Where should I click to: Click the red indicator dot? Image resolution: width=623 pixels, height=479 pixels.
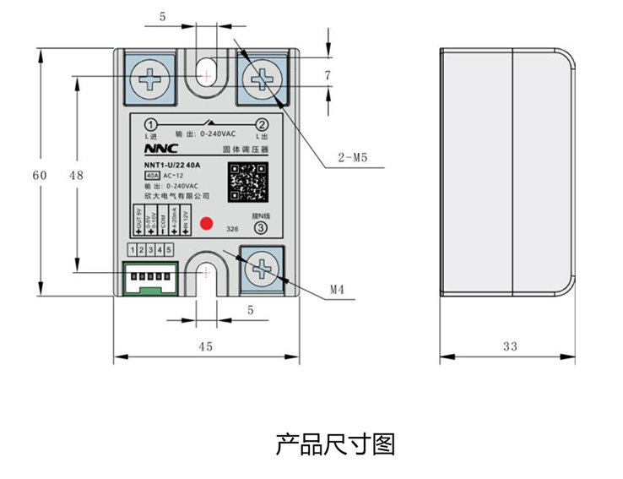pyautogui.click(x=205, y=224)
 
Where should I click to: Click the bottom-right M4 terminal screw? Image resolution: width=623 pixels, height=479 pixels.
pyautogui.click(x=262, y=269)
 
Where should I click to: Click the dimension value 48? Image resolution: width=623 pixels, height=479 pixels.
pyautogui.click(x=76, y=175)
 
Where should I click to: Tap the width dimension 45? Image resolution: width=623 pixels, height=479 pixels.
pyautogui.click(x=205, y=346)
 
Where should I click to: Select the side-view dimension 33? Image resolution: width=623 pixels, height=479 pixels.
pyautogui.click(x=509, y=346)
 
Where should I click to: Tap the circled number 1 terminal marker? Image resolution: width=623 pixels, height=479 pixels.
pyautogui.click(x=151, y=123)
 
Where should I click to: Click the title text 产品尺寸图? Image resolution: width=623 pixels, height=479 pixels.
pyautogui.click(x=335, y=444)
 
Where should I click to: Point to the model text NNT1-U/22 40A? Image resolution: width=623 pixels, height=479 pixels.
pyautogui.click(x=172, y=165)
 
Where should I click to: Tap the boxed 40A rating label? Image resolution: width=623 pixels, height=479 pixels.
pyautogui.click(x=152, y=176)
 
